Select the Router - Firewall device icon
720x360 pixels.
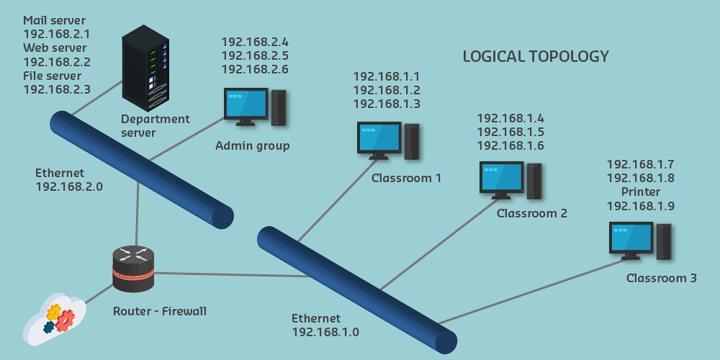pyautogui.click(x=133, y=269)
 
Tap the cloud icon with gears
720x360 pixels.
pyautogui.click(x=55, y=319)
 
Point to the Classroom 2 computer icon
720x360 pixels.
pyautogui.click(x=510, y=180)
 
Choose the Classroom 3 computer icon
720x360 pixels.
pyautogui.click(x=640, y=240)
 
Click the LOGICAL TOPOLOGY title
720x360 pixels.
pyautogui.click(x=536, y=56)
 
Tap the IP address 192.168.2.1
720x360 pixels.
pyautogui.click(x=57, y=34)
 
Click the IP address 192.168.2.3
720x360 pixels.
pyautogui.click(x=57, y=89)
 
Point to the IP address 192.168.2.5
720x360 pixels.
pyautogui.click(x=255, y=55)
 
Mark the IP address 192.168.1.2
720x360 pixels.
pyautogui.click(x=387, y=90)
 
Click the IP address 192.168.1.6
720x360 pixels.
pyautogui.click(x=510, y=145)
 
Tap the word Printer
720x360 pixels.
pyautogui.click(x=641, y=192)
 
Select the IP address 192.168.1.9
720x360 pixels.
pyautogui.click(x=641, y=206)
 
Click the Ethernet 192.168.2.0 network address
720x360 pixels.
pyautogui.click(x=69, y=186)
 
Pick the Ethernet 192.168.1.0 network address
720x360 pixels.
pyautogui.click(x=325, y=332)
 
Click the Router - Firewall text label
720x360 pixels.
pyautogui.click(x=160, y=311)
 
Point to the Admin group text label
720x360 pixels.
pyautogui.click(x=253, y=146)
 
